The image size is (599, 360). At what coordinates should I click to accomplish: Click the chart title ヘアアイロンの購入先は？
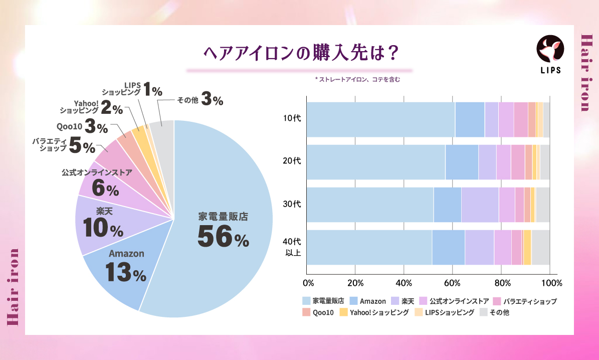click(299, 52)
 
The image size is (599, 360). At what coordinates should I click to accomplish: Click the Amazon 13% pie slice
click(125, 268)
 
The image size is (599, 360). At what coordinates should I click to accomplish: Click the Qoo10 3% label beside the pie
click(83, 126)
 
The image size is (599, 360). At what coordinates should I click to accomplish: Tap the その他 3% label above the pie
click(199, 100)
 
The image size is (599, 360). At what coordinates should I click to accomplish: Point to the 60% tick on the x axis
click(453, 283)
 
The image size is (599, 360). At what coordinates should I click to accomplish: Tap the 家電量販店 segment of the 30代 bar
click(370, 205)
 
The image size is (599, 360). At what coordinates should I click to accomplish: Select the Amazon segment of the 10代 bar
click(470, 119)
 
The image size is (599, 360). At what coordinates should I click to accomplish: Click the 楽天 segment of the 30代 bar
click(480, 205)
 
